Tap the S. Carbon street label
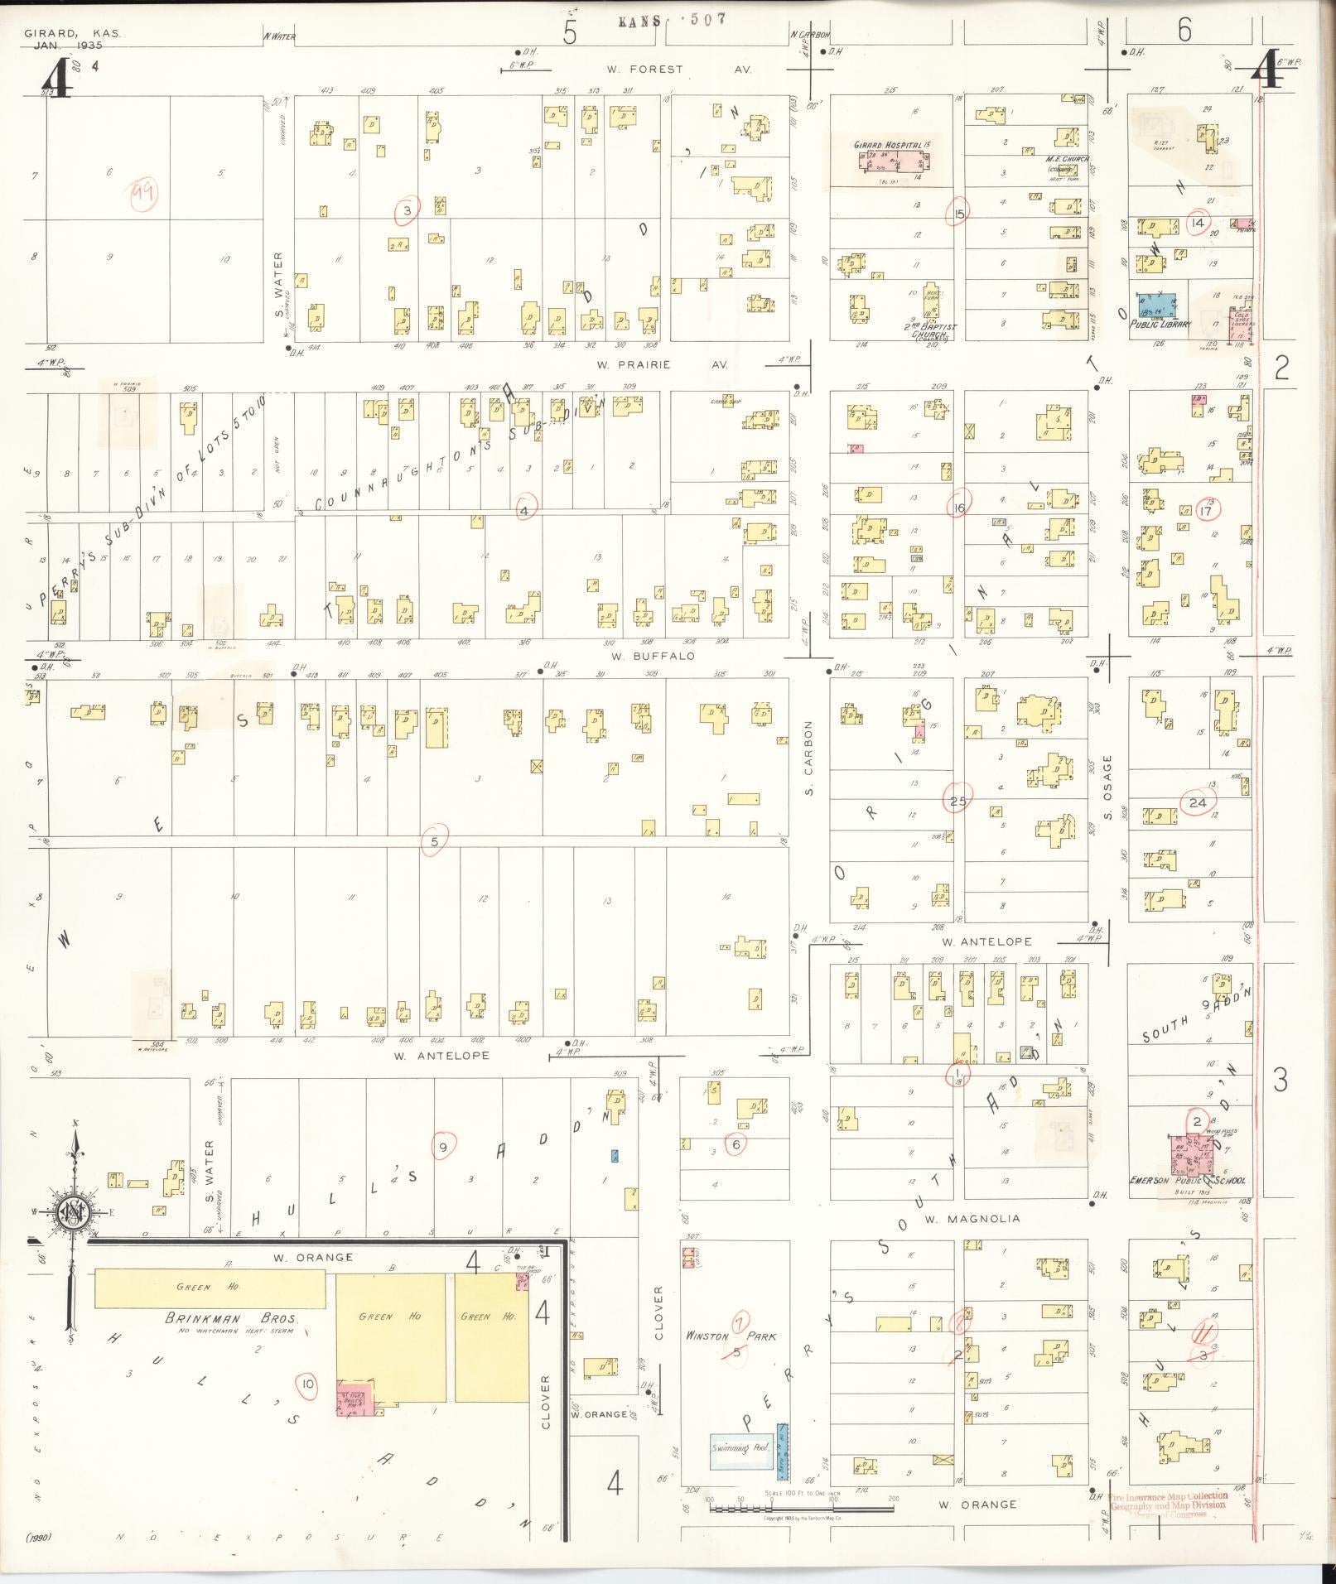(810, 758)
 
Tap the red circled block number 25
(958, 799)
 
